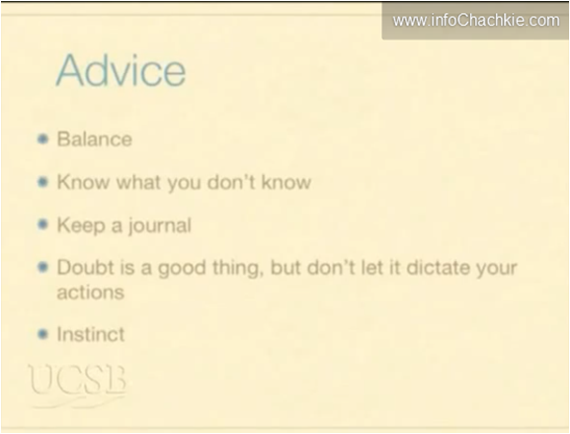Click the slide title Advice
click(121, 70)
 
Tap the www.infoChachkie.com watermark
click(476, 20)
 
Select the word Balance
click(95, 139)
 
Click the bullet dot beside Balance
click(42, 138)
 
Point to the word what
click(139, 182)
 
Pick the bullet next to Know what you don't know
click(42, 182)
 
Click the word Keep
click(81, 225)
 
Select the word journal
click(160, 225)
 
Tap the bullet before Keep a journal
click(42, 224)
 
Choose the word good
click(182, 269)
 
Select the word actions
click(91, 293)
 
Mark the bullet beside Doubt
click(42, 267)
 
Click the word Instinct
click(91, 334)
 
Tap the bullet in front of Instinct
click(42, 334)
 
